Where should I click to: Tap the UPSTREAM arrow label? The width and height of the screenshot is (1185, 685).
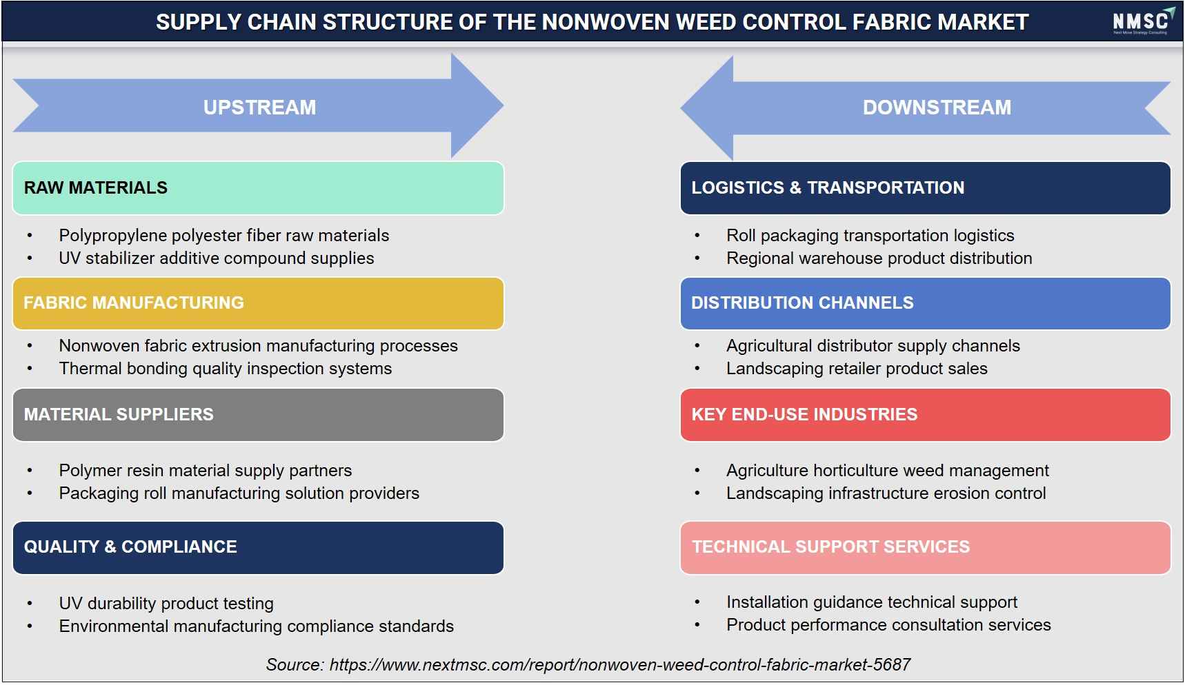pyautogui.click(x=259, y=108)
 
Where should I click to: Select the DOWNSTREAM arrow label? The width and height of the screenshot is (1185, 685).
pyautogui.click(x=937, y=108)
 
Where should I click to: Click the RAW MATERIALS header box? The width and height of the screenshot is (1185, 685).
pyautogui.click(x=258, y=188)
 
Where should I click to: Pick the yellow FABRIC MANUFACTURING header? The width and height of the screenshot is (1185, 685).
pyautogui.click(x=258, y=303)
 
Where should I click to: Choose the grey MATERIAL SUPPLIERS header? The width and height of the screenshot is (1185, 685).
pyautogui.click(x=258, y=415)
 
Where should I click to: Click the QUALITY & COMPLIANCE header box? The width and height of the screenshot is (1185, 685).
pyautogui.click(x=258, y=548)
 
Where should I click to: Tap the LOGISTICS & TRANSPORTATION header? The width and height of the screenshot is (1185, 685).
pyautogui.click(x=925, y=188)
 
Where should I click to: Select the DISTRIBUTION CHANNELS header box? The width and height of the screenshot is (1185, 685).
pyautogui.click(x=925, y=303)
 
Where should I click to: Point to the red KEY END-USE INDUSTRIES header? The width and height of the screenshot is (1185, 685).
pyautogui.click(x=925, y=415)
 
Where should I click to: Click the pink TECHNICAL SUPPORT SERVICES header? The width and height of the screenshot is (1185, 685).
pyautogui.click(x=925, y=548)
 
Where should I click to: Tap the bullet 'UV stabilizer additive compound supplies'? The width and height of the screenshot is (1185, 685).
pyautogui.click(x=217, y=258)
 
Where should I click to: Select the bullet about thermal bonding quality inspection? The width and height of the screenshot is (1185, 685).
pyautogui.click(x=225, y=369)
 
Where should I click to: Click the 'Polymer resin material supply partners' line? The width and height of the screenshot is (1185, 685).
pyautogui.click(x=205, y=471)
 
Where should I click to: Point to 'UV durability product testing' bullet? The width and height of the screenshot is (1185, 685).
pyautogui.click(x=166, y=604)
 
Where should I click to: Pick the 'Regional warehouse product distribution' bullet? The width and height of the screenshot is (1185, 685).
pyautogui.click(x=879, y=258)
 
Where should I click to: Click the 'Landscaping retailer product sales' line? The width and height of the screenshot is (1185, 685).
pyautogui.click(x=857, y=369)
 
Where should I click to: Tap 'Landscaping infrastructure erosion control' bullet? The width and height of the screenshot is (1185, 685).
pyautogui.click(x=886, y=493)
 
